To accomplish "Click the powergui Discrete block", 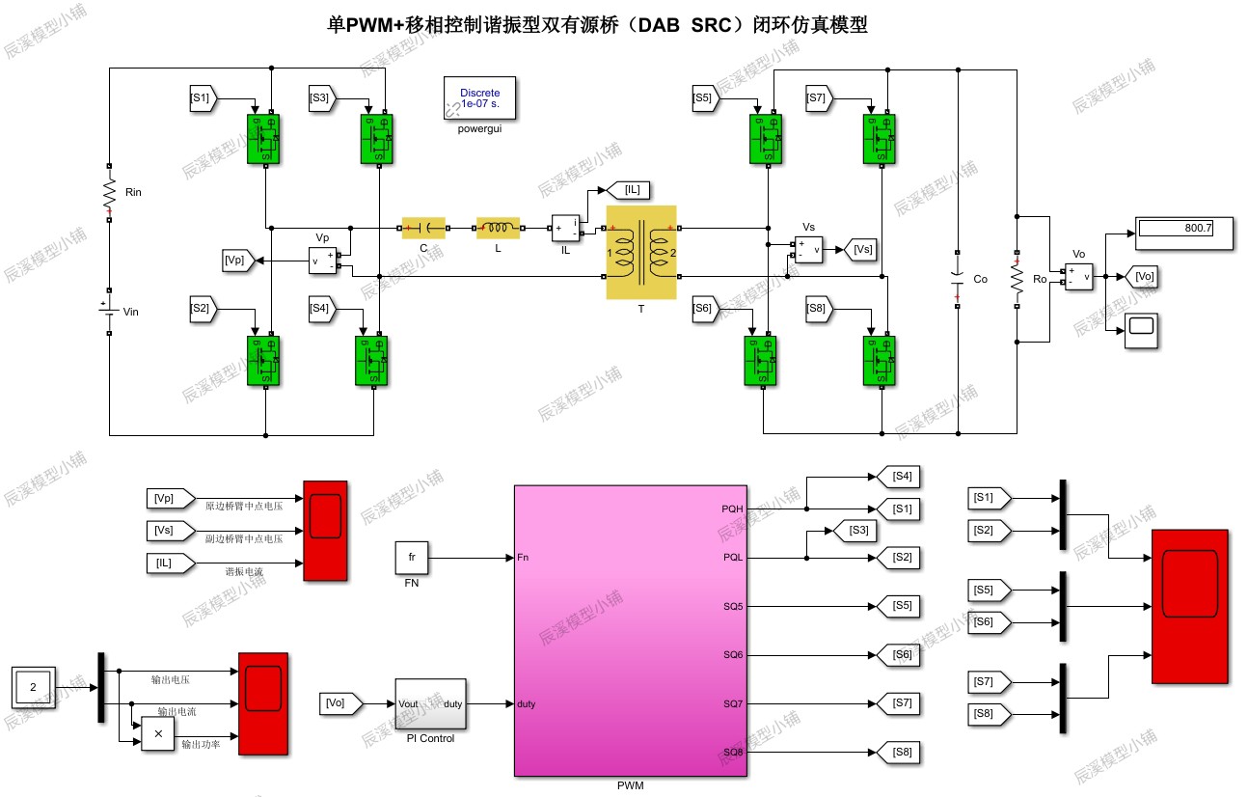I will [x=479, y=97].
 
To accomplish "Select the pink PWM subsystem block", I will [x=630, y=630].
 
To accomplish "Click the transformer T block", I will [x=641, y=253].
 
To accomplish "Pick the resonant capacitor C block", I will [x=423, y=229].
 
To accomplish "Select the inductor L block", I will [x=498, y=229].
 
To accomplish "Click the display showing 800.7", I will [x=1184, y=229].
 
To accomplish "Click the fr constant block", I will [x=411, y=558].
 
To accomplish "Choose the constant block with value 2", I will [x=34, y=688].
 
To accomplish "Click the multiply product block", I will [x=158, y=733].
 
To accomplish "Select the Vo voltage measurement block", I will [x=1078, y=277].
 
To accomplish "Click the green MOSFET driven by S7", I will [x=879, y=139].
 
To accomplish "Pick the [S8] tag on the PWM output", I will [x=897, y=753].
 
